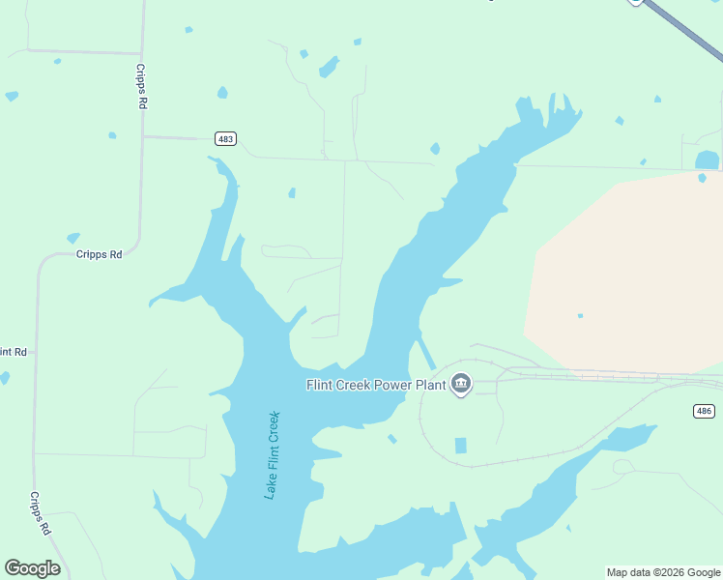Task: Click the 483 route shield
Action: [x=225, y=139]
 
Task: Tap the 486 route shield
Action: [x=705, y=412]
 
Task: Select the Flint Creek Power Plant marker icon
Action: [x=461, y=385]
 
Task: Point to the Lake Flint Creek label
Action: [x=273, y=455]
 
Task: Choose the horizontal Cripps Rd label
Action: [x=100, y=254]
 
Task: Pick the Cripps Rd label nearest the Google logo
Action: [x=40, y=513]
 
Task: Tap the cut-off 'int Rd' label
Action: [x=14, y=351]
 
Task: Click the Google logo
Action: [x=32, y=568]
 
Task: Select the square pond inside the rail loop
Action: [x=460, y=446]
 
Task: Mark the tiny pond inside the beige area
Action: [x=580, y=315]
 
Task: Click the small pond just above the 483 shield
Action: [x=222, y=93]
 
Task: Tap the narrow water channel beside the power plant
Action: [x=425, y=352]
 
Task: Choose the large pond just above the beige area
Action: [x=707, y=159]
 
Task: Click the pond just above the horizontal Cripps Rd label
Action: [x=72, y=238]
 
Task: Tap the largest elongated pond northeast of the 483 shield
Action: [x=329, y=67]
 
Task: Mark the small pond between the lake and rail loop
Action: [x=392, y=439]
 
